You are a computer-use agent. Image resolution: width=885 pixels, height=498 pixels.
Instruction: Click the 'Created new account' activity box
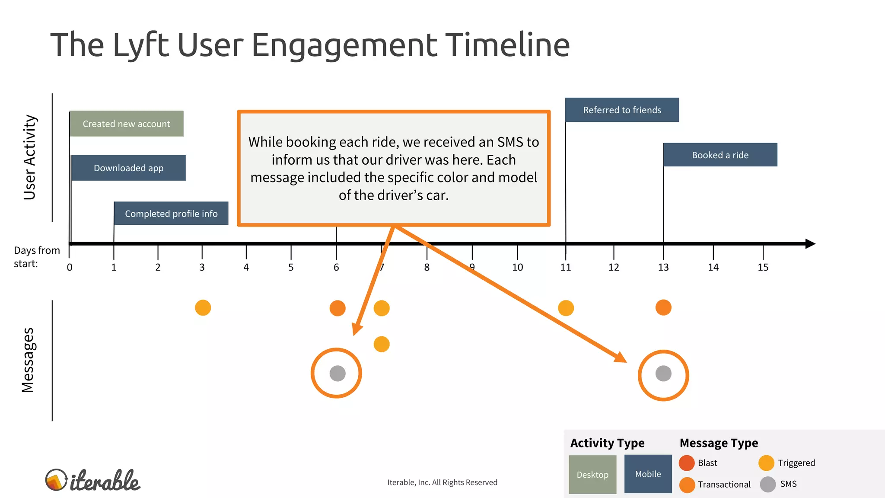pos(127,124)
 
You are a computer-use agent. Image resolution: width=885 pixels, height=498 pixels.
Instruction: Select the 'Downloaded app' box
pos(128,168)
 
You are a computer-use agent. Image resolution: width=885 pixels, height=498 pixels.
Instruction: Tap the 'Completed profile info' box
pos(171,214)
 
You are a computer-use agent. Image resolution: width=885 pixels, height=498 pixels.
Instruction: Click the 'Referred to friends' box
pos(622,110)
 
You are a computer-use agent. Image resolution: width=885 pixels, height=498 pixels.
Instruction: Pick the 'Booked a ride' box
pos(720,155)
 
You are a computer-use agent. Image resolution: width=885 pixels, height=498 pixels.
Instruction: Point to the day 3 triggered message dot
pos(203,308)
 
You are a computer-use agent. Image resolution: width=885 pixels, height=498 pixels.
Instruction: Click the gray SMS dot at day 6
pos(337,373)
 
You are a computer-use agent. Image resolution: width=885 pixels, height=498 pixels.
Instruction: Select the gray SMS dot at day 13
pos(663,373)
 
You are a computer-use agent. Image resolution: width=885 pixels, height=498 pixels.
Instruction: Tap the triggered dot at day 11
pos(566,308)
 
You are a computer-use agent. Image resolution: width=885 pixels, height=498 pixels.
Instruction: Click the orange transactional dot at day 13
pos(663,308)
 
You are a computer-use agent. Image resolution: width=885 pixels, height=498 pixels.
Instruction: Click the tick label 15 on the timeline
pos(763,268)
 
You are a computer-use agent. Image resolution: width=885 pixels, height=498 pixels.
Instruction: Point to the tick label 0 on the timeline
pos(70,268)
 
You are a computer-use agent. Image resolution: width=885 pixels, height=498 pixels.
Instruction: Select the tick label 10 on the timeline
pos(517,268)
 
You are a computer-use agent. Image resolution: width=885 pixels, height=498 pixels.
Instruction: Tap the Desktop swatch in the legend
pos(592,474)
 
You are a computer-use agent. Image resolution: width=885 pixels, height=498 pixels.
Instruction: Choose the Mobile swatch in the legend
pos(648,474)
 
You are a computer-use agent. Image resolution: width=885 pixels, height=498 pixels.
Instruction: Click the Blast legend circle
pos(687,463)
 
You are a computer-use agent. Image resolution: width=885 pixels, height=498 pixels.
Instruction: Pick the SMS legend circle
pos(768,484)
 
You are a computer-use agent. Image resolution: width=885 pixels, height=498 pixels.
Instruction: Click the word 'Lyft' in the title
pos(140,45)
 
